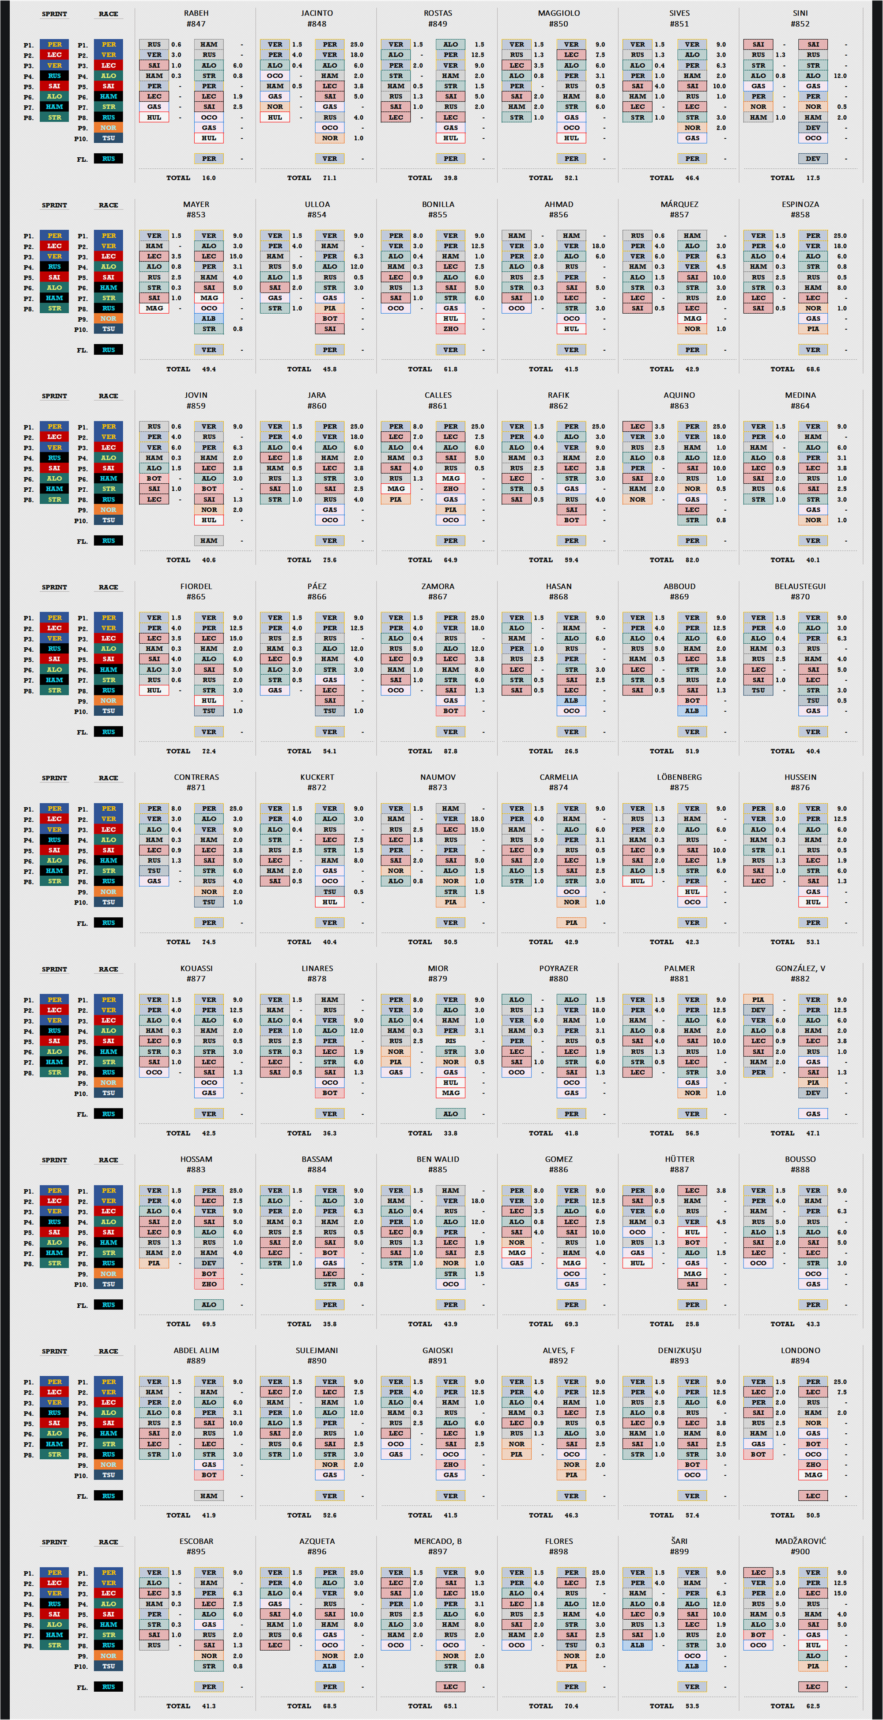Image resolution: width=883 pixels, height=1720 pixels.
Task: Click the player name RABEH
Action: point(196,13)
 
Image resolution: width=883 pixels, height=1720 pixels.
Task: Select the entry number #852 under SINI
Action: point(800,24)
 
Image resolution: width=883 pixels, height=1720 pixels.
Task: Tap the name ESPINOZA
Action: point(800,204)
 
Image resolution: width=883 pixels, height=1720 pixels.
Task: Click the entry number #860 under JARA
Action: point(317,406)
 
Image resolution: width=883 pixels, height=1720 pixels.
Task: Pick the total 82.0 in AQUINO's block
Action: point(692,560)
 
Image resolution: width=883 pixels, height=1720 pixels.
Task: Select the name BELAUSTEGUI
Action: point(800,586)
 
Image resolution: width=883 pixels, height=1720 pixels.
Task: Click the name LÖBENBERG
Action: point(679,777)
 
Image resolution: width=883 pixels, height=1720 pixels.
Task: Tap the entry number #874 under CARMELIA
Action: point(558,788)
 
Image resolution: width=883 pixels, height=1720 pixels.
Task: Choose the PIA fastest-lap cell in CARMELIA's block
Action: point(571,923)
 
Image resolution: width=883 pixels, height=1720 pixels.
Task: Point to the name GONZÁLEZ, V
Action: point(800,968)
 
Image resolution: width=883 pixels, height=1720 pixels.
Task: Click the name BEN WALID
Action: point(438,1159)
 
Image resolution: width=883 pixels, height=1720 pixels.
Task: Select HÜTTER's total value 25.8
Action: point(692,1324)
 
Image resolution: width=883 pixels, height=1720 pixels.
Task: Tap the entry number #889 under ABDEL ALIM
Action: point(196,1361)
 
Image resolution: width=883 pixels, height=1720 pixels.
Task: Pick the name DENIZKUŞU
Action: point(679,1350)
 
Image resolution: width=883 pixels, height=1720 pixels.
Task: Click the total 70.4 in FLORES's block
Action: point(571,1706)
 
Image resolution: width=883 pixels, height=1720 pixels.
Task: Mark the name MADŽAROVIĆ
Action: point(800,1541)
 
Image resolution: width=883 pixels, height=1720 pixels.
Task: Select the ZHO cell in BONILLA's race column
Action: point(450,329)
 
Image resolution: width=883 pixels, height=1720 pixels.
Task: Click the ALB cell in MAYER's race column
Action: point(209,319)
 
